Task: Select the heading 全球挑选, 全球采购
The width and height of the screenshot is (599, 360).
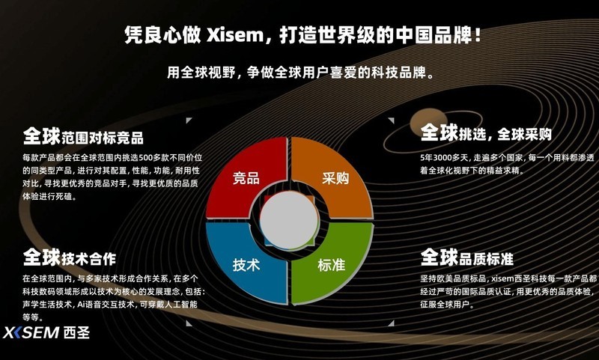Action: coord(486,133)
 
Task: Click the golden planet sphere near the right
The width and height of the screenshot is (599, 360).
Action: coord(428,123)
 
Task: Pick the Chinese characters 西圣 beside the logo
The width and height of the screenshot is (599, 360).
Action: coord(77,332)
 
